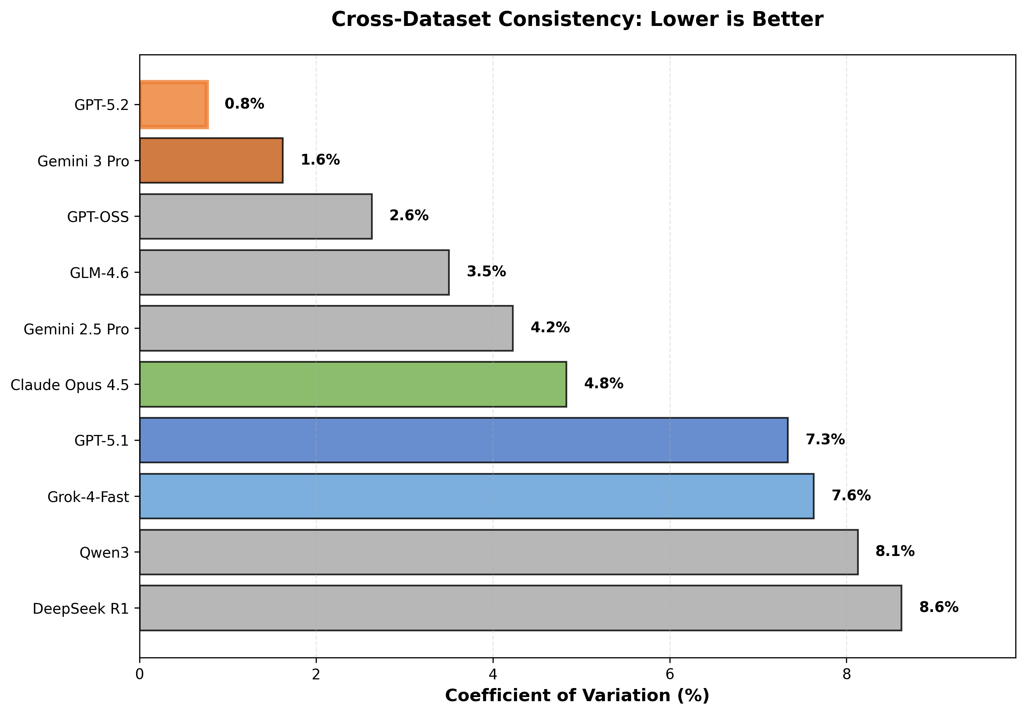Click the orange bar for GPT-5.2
173,105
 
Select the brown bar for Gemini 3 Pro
211,160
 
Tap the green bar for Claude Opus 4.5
353,384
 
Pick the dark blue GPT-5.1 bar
463,440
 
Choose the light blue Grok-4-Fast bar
476,496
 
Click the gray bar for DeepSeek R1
520,608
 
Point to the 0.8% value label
245,104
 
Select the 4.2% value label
550,328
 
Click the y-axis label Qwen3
104,553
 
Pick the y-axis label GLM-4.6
99,273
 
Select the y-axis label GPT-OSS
98,217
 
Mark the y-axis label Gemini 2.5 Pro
76,329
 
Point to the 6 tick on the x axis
669,674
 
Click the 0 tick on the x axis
140,674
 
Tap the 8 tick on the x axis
846,674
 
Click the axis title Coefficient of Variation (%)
577,696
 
